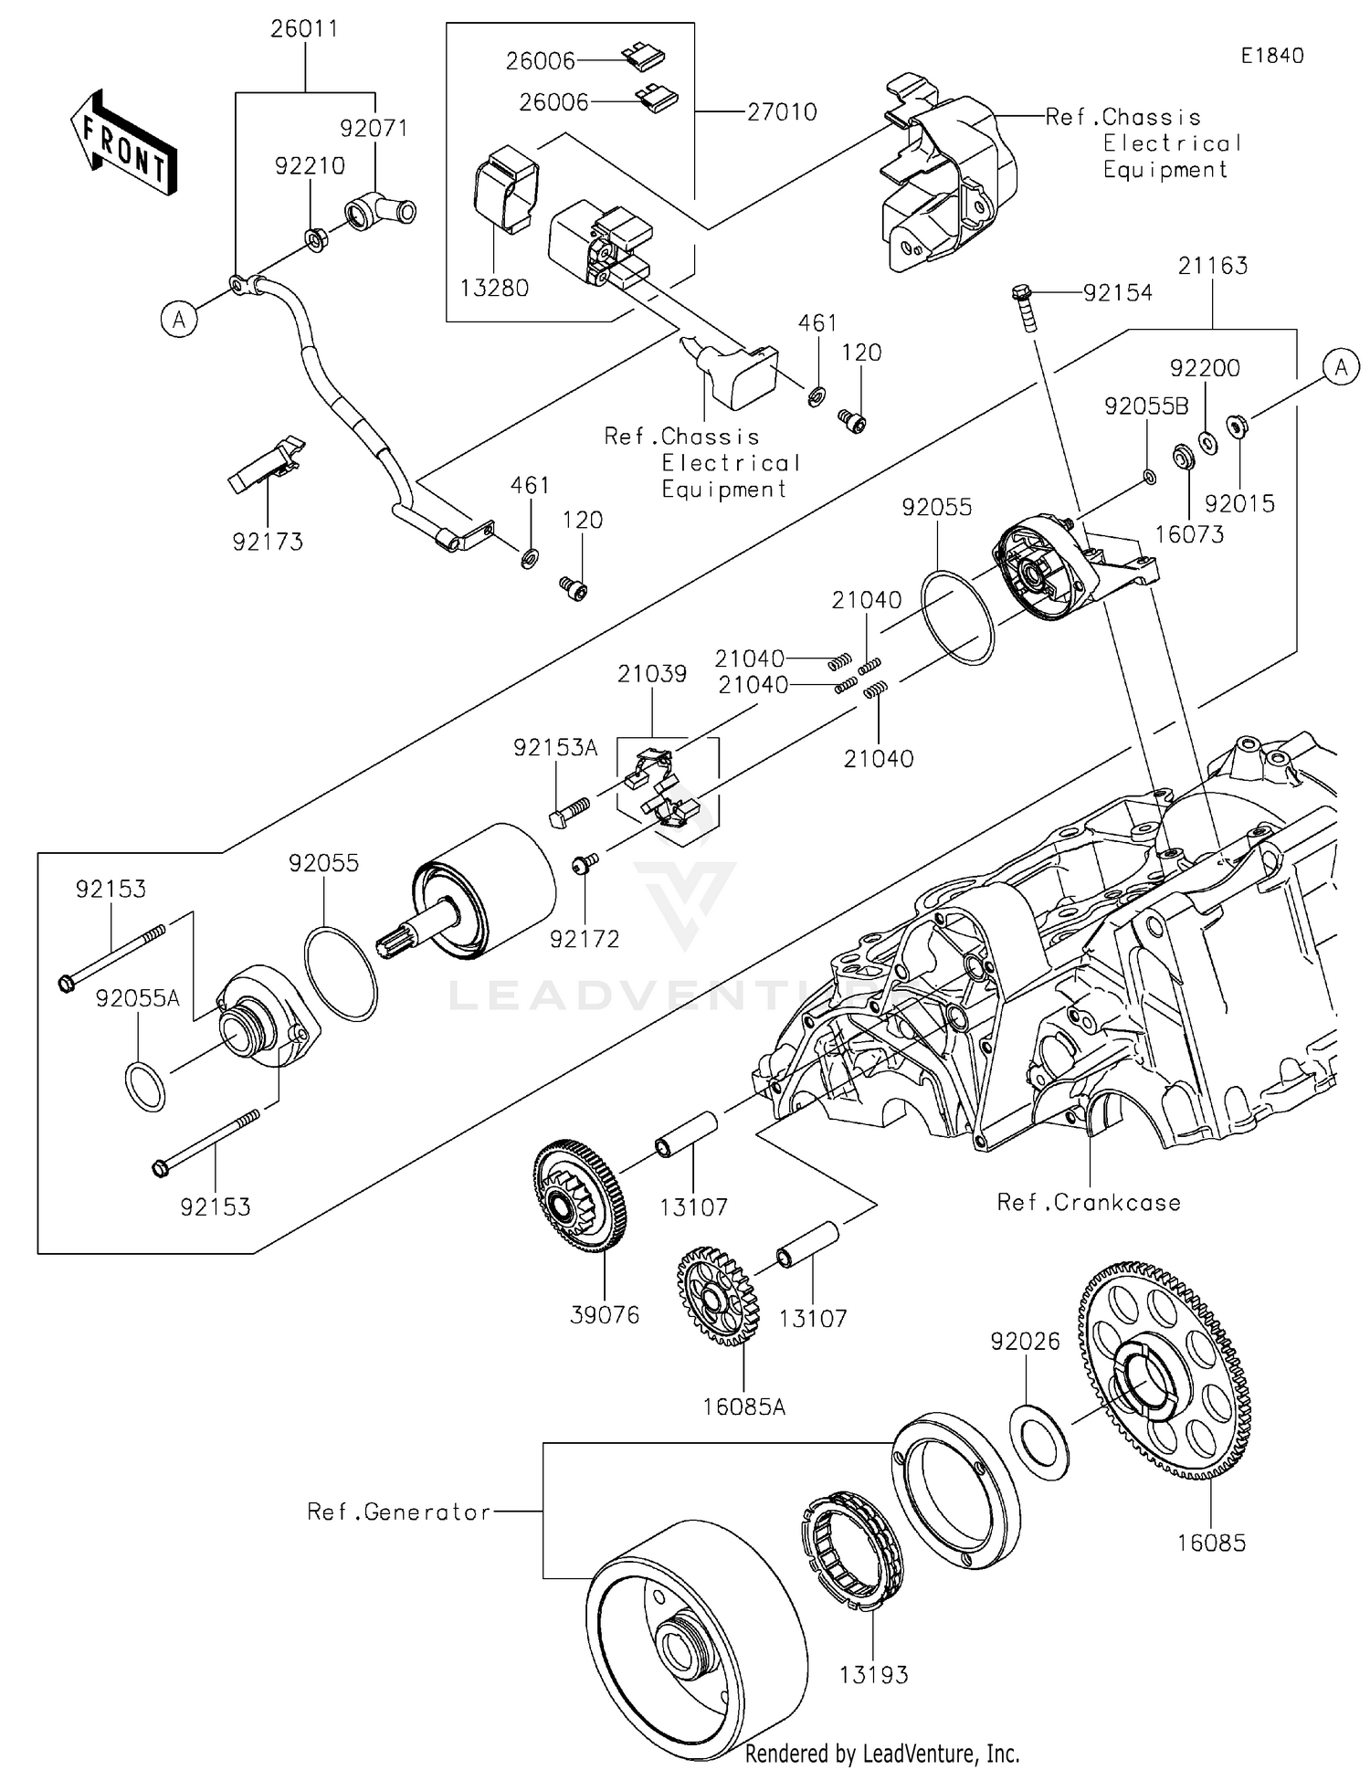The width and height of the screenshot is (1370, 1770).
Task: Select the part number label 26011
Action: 304,29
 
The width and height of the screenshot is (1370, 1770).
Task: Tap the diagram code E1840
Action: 1271,56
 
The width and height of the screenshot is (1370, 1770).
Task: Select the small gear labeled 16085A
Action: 718,1297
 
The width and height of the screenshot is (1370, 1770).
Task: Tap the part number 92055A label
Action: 138,999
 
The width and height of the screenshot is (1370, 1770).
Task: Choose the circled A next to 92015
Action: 1340,367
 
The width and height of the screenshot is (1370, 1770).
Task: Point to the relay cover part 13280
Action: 504,190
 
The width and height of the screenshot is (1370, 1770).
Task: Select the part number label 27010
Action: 781,112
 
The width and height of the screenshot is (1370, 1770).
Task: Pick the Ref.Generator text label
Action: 398,1512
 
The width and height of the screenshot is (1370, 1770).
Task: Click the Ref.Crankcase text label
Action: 1089,1203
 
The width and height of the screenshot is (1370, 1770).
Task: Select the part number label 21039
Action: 651,674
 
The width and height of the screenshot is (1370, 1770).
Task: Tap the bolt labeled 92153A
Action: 567,810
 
